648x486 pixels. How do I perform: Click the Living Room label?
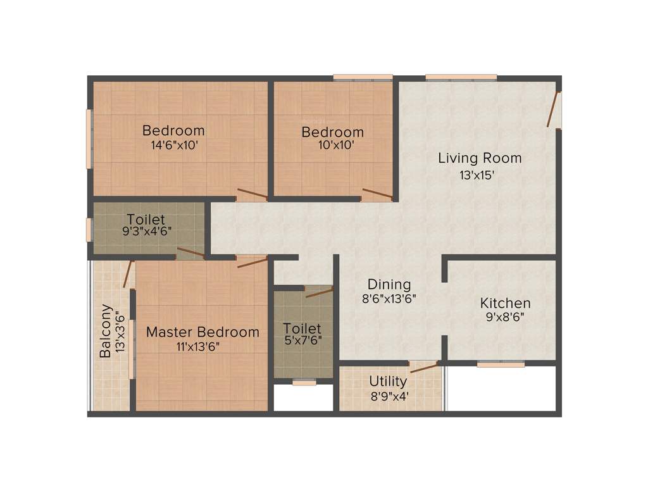click(480, 158)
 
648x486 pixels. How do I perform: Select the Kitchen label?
click(505, 303)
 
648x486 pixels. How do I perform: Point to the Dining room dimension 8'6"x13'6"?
click(389, 299)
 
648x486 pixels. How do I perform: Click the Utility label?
click(388, 381)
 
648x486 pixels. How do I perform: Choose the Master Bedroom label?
click(202, 332)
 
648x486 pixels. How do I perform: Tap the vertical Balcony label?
click(106, 332)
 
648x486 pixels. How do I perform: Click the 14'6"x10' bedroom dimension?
click(173, 145)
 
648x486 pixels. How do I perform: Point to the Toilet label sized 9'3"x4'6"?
click(146, 220)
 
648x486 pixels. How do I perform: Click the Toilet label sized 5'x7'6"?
click(302, 329)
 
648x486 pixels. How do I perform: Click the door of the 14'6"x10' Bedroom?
click(252, 194)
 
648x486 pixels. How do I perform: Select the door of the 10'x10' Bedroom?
click(377, 194)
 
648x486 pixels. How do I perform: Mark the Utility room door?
click(423, 366)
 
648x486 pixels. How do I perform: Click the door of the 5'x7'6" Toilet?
click(319, 292)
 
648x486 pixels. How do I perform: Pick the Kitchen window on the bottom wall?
click(501, 364)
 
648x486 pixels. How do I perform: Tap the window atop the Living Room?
click(461, 78)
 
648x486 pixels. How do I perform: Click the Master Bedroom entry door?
click(252, 261)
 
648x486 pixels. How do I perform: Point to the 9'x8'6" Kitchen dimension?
click(505, 318)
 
